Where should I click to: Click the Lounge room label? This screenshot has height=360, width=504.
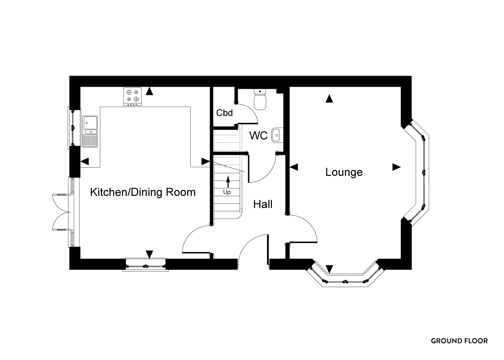pyautogui.click(x=344, y=173)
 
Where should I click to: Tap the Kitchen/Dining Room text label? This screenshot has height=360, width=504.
pyautogui.click(x=143, y=192)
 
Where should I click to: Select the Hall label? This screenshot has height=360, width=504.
pyautogui.click(x=263, y=204)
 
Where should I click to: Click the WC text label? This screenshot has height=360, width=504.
pyautogui.click(x=258, y=135)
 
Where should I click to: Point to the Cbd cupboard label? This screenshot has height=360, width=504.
pyautogui.click(x=224, y=113)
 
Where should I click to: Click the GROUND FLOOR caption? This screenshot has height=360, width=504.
pyautogui.click(x=459, y=341)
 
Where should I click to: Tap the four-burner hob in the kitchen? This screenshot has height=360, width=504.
pyautogui.click(x=133, y=96)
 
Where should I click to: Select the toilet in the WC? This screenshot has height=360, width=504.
pyautogui.click(x=260, y=100)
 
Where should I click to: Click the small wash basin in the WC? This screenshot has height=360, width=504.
pyautogui.click(x=276, y=135)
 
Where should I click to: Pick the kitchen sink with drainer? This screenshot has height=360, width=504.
pyautogui.click(x=90, y=132)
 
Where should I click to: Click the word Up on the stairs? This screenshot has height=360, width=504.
pyautogui.click(x=227, y=192)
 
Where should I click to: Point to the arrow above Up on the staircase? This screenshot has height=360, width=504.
pyautogui.click(x=228, y=182)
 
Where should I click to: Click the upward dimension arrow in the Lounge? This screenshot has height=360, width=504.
pyautogui.click(x=329, y=98)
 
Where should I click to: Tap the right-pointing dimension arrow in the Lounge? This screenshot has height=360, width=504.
pyautogui.click(x=397, y=167)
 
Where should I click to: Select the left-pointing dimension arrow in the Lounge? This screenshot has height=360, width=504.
pyautogui.click(x=294, y=167)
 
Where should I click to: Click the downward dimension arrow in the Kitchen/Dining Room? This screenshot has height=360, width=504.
pyautogui.click(x=149, y=255)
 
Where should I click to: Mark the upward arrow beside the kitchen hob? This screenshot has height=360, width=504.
pyautogui.click(x=149, y=91)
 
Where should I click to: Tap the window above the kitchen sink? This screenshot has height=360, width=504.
pyautogui.click(x=73, y=128)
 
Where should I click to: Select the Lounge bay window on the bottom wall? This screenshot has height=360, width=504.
pyautogui.click(x=345, y=273)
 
